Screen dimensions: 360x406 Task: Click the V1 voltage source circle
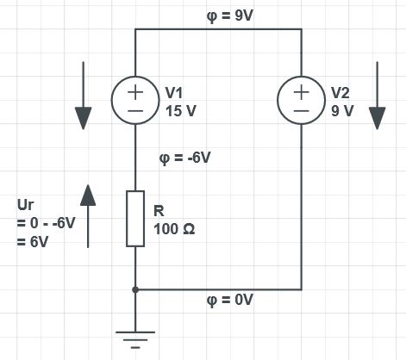coord(135,100)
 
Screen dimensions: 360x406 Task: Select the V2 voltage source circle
coord(302,100)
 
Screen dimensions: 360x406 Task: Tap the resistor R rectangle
coord(135,220)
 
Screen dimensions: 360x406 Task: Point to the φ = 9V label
coord(220,16)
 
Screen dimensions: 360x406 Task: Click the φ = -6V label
coord(185,158)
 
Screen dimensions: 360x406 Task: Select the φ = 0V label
coord(230,301)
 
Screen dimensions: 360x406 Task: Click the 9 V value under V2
coord(341,109)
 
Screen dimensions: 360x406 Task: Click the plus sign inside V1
coord(135,90)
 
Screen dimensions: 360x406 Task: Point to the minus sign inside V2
coord(302,110)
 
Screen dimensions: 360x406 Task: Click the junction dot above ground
coord(135,290)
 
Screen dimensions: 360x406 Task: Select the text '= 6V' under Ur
coord(32,242)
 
